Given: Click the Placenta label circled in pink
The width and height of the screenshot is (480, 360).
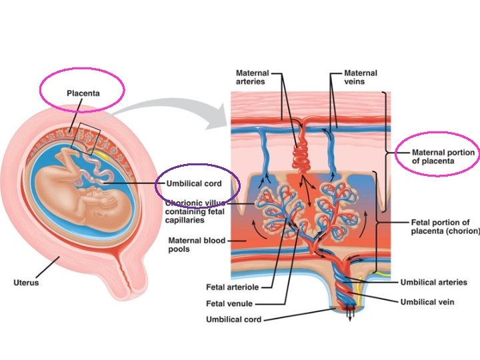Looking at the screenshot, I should tap(83, 93).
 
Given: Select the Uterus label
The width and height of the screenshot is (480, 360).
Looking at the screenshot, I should tap(25, 283).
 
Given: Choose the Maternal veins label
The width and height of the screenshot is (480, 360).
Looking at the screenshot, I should tap(360, 77).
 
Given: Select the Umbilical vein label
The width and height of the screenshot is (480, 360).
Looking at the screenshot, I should tap(427, 302).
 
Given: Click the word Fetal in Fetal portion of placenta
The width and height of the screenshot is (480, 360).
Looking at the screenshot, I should tap(417, 223).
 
